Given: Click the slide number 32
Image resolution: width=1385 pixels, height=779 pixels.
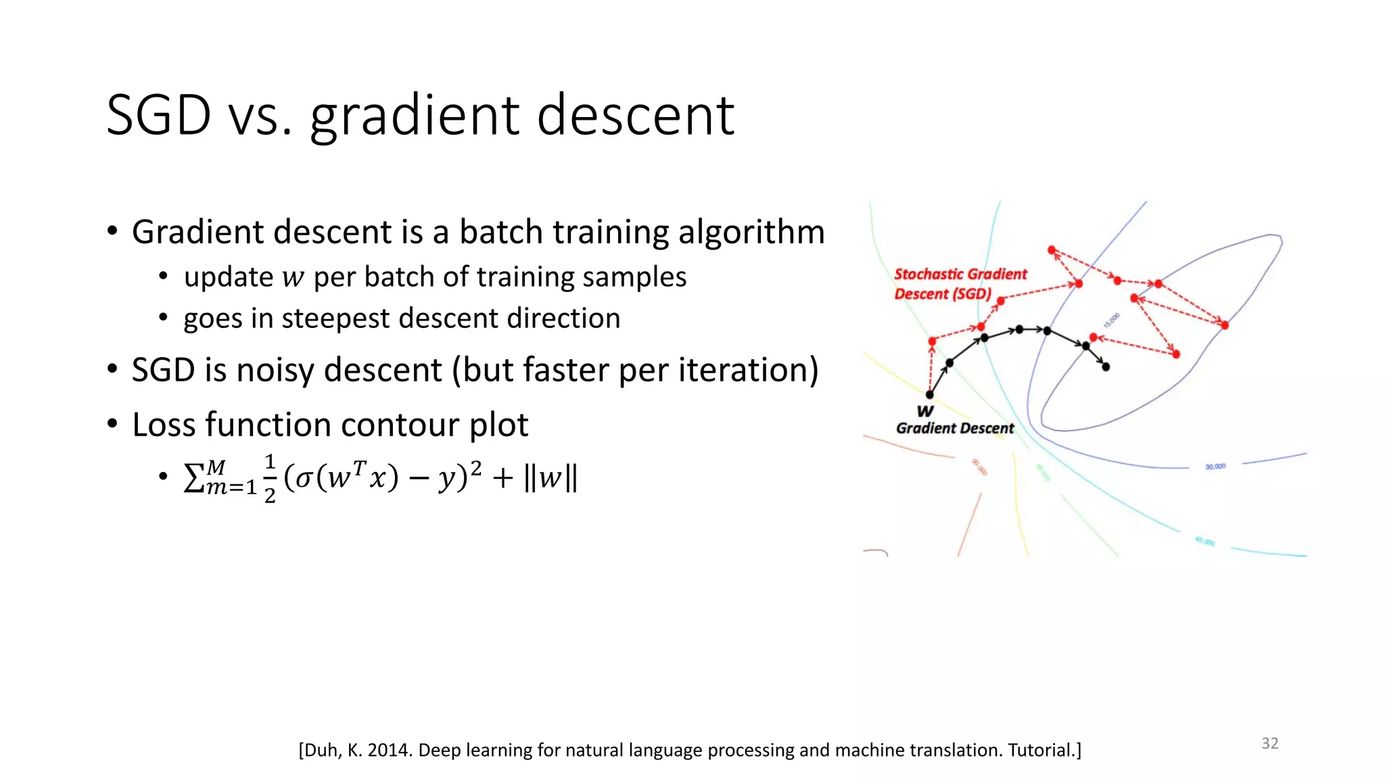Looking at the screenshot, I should (x=1269, y=743).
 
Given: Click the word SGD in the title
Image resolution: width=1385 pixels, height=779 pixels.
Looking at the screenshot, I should (x=159, y=115).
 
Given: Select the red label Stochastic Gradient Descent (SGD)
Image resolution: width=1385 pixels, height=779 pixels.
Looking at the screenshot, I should (x=959, y=284).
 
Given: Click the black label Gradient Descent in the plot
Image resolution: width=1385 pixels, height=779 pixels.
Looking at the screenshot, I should (x=954, y=428).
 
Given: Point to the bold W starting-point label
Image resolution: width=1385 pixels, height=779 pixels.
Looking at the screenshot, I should (x=925, y=411).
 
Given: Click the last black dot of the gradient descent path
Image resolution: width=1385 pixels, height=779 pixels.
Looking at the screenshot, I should (x=1106, y=367).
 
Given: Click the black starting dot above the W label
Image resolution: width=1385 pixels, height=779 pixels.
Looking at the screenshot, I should (x=929, y=395).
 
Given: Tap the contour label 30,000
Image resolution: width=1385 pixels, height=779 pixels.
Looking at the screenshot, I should (x=1215, y=467).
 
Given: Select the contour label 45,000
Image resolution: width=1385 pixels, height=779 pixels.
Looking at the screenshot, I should (x=1204, y=542).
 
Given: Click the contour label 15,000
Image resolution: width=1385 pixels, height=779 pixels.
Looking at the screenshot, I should (x=1112, y=320).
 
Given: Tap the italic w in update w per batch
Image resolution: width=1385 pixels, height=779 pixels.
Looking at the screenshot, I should (x=293, y=278).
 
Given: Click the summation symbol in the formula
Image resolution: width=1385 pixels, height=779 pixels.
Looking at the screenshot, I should (x=194, y=478).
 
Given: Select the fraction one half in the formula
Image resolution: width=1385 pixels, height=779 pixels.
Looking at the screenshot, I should (x=269, y=479).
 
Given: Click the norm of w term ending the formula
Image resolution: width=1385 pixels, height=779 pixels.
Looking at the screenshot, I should (x=550, y=478).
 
